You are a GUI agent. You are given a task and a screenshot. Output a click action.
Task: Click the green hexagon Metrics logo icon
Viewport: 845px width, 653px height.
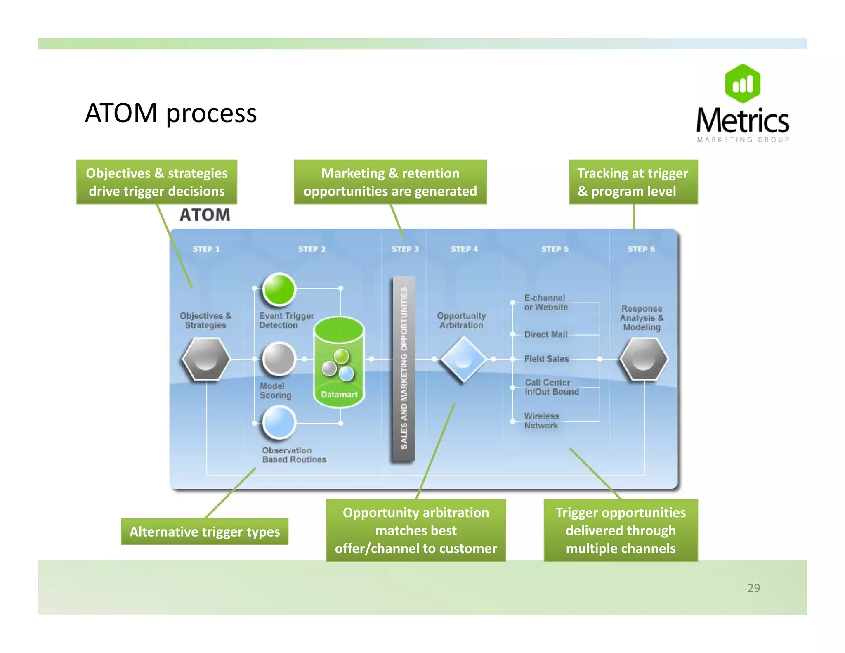[x=742, y=84]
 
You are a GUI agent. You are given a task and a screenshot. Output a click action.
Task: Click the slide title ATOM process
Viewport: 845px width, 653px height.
[x=170, y=113]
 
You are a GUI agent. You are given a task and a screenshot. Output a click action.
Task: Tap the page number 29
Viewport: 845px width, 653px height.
[x=753, y=588]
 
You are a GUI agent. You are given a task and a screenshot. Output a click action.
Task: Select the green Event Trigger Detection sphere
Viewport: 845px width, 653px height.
[x=279, y=289]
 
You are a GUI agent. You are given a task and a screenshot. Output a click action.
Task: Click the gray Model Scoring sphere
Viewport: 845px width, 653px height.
[x=279, y=358]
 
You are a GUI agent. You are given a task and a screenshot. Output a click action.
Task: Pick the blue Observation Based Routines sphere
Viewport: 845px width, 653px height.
[x=279, y=422]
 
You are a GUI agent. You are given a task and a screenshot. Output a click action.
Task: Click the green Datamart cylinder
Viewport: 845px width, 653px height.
[x=339, y=362]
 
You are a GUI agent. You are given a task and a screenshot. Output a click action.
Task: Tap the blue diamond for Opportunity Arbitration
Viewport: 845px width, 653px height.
[x=463, y=359]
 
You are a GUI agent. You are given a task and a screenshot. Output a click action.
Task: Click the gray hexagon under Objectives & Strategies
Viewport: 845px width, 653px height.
[x=206, y=359]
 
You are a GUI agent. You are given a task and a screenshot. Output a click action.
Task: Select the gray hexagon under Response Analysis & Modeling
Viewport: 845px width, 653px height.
[x=643, y=359]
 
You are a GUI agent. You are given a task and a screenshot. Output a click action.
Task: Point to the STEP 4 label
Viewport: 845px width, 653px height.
[x=464, y=249]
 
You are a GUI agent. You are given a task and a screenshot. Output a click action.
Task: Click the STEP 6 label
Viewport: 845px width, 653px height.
[x=641, y=249]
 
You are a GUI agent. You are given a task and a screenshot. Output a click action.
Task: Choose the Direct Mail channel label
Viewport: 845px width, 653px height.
[x=545, y=334]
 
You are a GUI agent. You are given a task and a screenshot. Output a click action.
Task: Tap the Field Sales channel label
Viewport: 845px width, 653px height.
[x=546, y=359]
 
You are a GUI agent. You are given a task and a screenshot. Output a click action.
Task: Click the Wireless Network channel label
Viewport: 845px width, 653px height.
[x=541, y=421]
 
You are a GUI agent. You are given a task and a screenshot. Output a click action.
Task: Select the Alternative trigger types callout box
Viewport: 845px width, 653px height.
[x=205, y=532]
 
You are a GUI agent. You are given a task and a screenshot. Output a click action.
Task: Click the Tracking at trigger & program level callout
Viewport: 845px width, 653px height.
[x=633, y=182]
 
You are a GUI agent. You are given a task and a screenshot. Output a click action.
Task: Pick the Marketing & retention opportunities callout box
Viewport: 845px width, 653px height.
[x=390, y=182]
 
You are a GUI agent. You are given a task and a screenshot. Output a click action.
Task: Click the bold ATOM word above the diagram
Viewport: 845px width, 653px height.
[x=205, y=215]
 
